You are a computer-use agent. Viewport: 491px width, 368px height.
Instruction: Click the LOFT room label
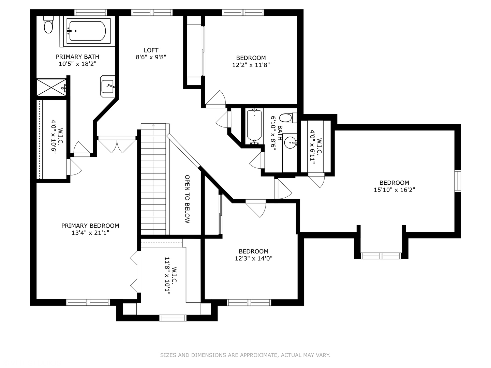[x=151, y=50]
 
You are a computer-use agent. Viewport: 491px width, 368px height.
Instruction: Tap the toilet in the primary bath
[x=48, y=25]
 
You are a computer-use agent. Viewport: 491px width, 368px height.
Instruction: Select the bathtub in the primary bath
[x=88, y=31]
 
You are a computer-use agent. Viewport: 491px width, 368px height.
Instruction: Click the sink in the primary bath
[x=108, y=86]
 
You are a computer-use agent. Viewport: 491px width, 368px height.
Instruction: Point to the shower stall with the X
[x=52, y=87]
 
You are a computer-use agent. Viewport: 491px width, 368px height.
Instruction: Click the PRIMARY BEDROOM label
[x=90, y=226]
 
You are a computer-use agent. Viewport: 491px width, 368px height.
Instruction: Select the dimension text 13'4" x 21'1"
[x=90, y=233]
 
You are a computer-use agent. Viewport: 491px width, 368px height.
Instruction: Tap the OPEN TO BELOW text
[x=187, y=199]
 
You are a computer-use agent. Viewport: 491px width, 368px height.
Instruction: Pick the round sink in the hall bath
[x=291, y=142]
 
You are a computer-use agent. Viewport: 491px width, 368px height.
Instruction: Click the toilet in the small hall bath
[x=288, y=118]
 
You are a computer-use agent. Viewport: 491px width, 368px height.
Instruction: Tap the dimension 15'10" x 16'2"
[x=395, y=190]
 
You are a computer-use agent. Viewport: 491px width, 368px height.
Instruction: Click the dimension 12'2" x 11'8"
[x=251, y=65]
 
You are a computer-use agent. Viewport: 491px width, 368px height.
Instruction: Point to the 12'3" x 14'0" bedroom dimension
[x=253, y=258]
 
